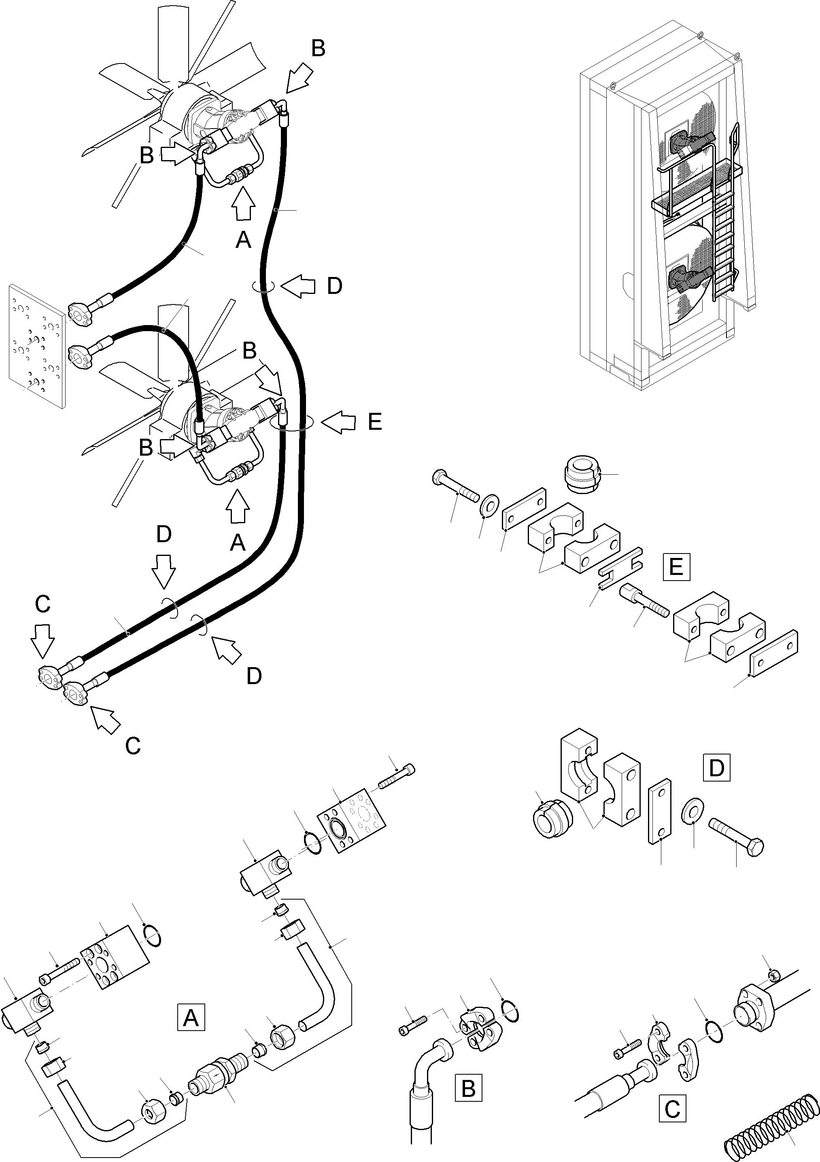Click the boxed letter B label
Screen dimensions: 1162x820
pos(469,1088)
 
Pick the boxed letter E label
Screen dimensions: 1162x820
pos(676,566)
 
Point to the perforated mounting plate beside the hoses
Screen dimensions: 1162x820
pos(36,346)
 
